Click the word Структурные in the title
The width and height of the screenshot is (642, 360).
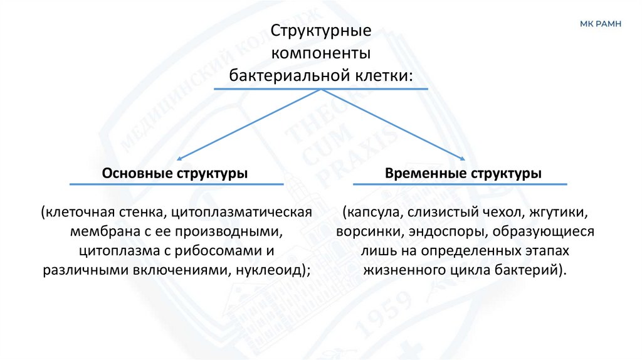[322, 31]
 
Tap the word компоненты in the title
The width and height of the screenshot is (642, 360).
[321, 53]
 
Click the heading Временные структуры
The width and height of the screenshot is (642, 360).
[463, 172]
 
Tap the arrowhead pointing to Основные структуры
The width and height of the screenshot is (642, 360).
[180, 159]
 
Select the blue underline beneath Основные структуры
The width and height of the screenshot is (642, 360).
[176, 184]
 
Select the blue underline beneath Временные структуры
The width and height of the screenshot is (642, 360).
[460, 184]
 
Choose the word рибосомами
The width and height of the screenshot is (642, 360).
[218, 251]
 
